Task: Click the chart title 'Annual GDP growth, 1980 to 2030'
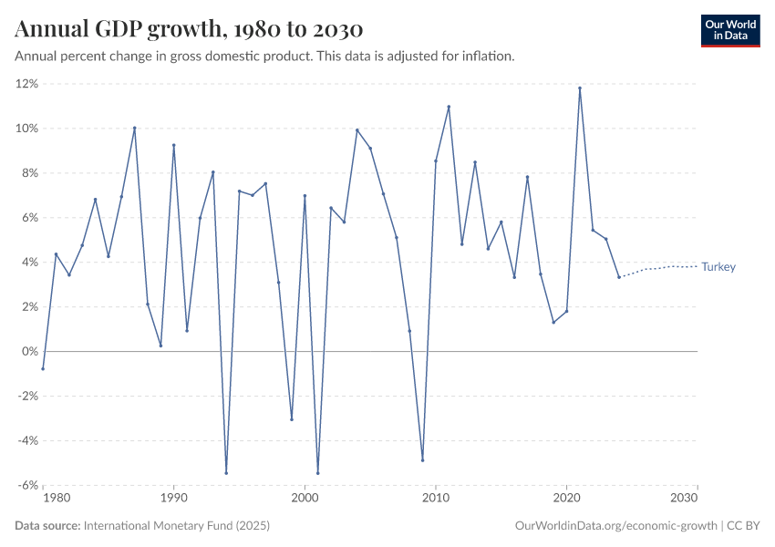click(x=189, y=30)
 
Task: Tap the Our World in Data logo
click(x=729, y=30)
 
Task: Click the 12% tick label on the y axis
click(x=26, y=84)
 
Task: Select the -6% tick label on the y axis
click(x=26, y=485)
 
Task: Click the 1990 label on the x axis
click(x=173, y=499)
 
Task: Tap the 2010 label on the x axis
click(x=436, y=499)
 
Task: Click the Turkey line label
click(x=718, y=267)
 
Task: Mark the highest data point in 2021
click(x=580, y=88)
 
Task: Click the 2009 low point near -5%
click(x=422, y=459)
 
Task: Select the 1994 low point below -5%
click(x=226, y=472)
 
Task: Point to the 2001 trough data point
click(x=317, y=472)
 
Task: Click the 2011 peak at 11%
click(x=449, y=107)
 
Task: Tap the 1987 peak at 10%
click(x=134, y=128)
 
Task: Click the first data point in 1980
click(x=43, y=368)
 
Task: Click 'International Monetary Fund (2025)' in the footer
click(x=176, y=526)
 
